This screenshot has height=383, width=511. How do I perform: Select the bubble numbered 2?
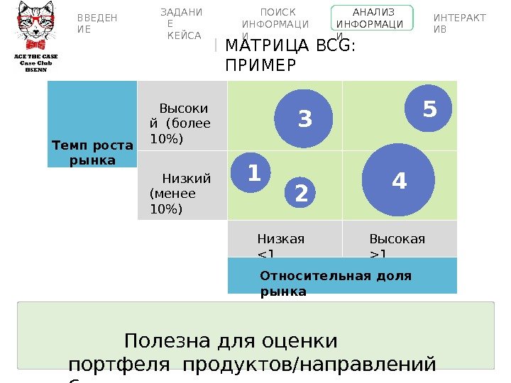coord(301,193)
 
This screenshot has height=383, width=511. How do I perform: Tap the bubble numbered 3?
coord(304,118)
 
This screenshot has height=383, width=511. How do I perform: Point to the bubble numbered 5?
coord(429,110)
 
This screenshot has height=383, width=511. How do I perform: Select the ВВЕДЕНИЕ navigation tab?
coord(97,23)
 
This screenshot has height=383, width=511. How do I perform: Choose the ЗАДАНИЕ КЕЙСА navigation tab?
coord(181,23)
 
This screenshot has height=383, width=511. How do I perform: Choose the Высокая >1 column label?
coord(397,244)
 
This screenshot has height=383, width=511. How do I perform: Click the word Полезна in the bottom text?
coord(163,341)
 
